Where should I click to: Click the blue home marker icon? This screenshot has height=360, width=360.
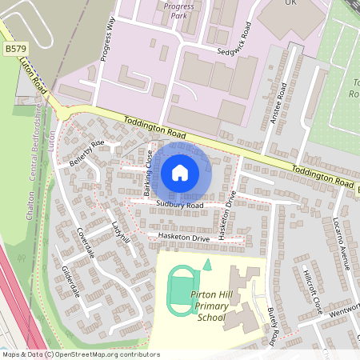coord(180,172)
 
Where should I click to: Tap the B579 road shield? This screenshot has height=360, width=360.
coord(12,50)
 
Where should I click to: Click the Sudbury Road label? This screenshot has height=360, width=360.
coord(180,206)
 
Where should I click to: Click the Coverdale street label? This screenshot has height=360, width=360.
coord(86,241)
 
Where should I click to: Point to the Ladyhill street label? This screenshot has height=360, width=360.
coord(121,233)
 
